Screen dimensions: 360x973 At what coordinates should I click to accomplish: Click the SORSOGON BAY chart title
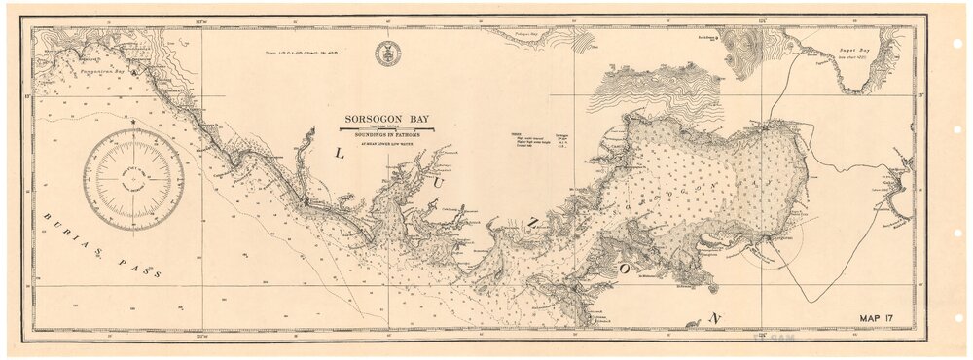[387, 118]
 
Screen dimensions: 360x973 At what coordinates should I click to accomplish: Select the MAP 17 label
[884, 317]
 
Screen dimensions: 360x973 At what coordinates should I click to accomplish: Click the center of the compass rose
[133, 181]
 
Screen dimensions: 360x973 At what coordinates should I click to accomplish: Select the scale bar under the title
[387, 126]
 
